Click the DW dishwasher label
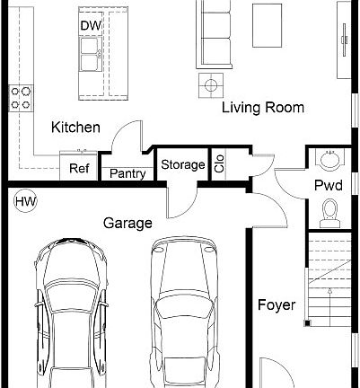point(90,24)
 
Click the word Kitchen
point(75,128)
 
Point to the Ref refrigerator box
point(79,168)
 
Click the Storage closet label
point(182,164)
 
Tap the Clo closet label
point(219,164)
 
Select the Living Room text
point(263,108)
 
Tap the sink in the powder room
point(329,160)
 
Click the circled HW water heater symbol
point(24,202)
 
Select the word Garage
point(127,223)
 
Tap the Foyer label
point(276,305)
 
